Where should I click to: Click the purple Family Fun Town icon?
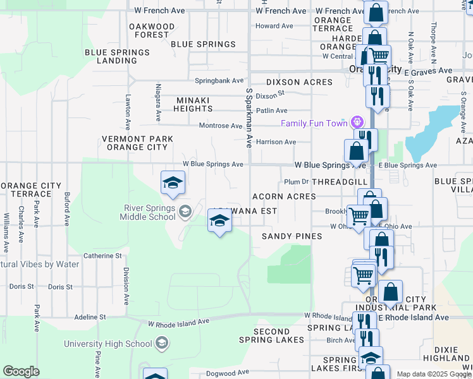(x=357, y=122)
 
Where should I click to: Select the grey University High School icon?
(x=162, y=343)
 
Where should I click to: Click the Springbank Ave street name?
(x=219, y=81)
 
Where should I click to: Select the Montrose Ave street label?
(x=221, y=126)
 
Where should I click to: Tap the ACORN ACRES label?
(x=284, y=196)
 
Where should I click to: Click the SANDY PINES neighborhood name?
(x=292, y=236)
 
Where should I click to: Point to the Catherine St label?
(x=102, y=256)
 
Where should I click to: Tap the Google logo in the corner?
(x=21, y=371)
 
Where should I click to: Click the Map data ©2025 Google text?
(x=434, y=374)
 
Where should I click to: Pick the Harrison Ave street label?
(x=276, y=142)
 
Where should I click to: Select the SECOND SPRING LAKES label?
(x=272, y=336)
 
